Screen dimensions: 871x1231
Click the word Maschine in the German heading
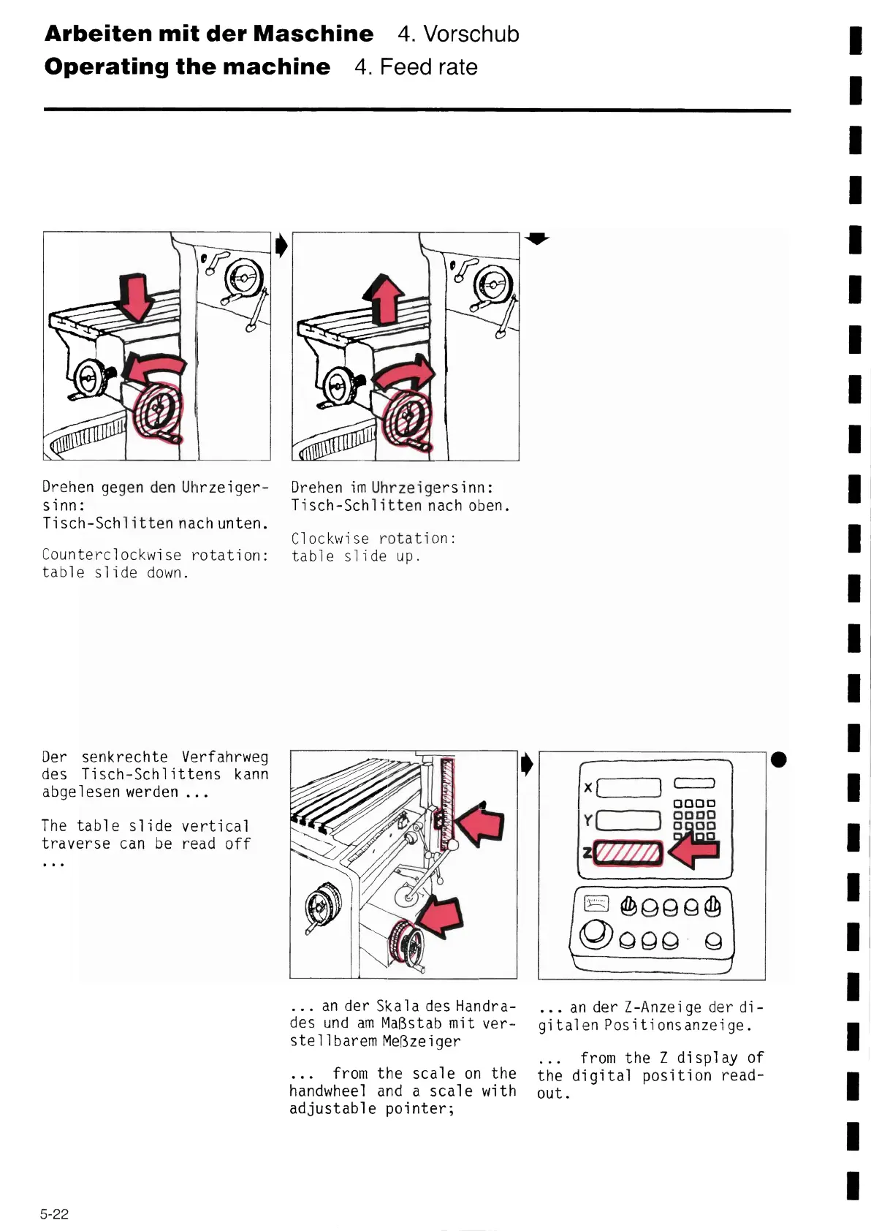coord(313,34)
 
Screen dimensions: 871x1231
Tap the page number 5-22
coord(54,1214)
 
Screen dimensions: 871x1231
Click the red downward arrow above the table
coord(137,297)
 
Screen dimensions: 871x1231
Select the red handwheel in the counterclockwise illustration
coord(157,413)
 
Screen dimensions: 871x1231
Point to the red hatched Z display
coord(627,852)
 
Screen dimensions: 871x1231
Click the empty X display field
coord(629,787)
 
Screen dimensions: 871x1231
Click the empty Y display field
coord(629,820)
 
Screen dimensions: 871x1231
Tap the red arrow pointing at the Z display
coord(695,852)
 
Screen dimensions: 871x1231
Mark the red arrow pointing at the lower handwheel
coord(441,917)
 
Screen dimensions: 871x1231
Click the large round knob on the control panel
coord(596,933)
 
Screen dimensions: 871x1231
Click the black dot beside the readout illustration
coord(779,760)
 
